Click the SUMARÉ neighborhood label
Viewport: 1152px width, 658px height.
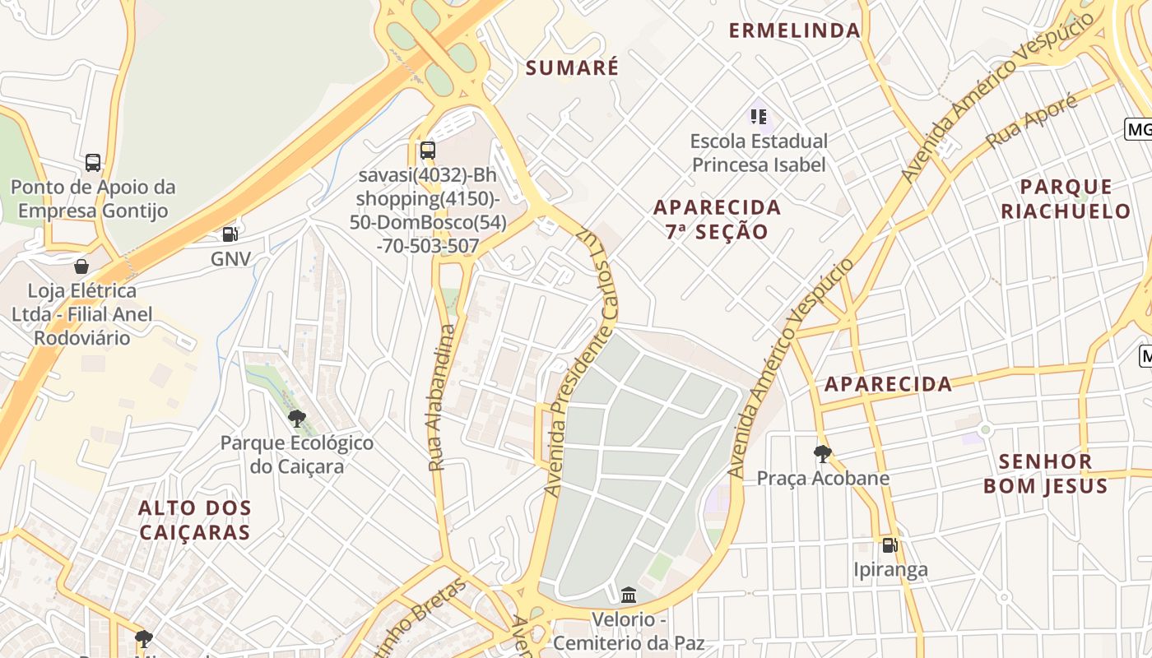click(572, 67)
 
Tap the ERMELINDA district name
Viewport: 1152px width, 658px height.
click(794, 30)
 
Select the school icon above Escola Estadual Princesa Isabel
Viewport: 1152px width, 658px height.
click(759, 117)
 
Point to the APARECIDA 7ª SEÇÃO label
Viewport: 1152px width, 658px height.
click(717, 219)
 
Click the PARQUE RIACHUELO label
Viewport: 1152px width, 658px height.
click(1066, 198)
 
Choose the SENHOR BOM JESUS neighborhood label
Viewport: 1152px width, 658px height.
click(1045, 473)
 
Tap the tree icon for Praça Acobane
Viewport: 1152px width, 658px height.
click(821, 453)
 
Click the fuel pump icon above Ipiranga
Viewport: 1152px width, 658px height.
click(890, 544)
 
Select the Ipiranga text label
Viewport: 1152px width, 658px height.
click(890, 569)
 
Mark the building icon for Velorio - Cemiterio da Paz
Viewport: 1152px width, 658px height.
click(629, 594)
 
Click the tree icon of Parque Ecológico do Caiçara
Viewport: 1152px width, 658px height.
click(297, 418)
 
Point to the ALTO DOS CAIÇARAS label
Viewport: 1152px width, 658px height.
click(195, 520)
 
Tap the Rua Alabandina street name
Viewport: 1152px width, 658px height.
click(442, 398)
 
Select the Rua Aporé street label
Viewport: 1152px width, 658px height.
click(1032, 121)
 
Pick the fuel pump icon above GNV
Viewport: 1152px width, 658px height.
click(230, 234)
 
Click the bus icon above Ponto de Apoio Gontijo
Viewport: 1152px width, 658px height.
click(93, 163)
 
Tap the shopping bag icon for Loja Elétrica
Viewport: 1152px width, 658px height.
click(81, 266)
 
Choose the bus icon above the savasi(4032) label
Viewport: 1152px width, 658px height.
click(427, 150)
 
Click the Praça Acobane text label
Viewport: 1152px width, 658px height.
click(823, 478)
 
